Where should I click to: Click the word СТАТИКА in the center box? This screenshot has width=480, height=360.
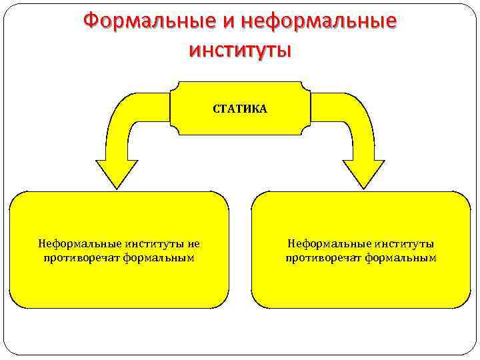pos(240,109)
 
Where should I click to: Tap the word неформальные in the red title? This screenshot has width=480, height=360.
pos(319,22)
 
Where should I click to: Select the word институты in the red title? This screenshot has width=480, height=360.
pos(240,49)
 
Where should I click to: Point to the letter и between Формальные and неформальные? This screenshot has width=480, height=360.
pos(228,23)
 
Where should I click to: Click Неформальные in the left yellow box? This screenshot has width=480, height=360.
pos(73,244)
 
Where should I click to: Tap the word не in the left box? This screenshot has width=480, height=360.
pos(193,244)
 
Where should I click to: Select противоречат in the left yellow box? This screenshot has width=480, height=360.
pos(81,257)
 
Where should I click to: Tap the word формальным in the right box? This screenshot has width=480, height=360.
pos(401,257)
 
